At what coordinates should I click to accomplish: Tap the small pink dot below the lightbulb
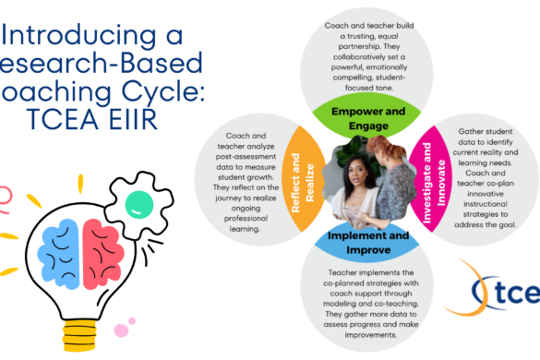[x=121, y=330]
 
